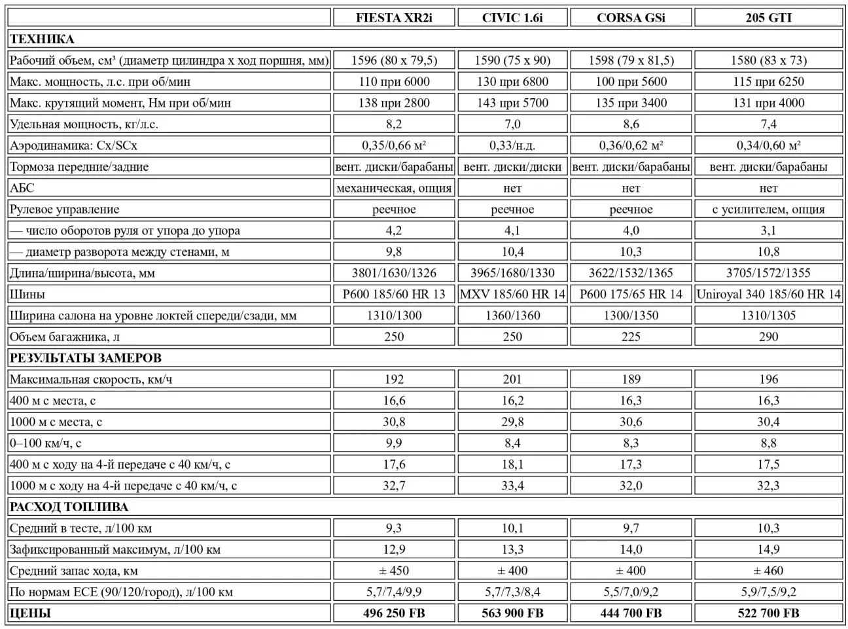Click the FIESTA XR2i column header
pos(394,18)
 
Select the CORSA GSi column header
pos(631,18)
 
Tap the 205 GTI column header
pos(768,18)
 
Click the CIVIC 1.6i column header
pos(512,18)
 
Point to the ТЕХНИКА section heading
pos(42,39)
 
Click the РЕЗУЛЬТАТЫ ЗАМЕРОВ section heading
pos(86,358)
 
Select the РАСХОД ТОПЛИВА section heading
pos(69,507)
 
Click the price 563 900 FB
pos(512,613)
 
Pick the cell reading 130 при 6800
pos(512,82)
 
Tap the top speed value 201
pos(512,379)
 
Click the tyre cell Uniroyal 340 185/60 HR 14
pos(768,294)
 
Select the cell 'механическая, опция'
pos(394,188)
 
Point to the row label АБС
pos(22,188)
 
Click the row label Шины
pos(27,294)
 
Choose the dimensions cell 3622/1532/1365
pos(631,273)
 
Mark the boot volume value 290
pos(768,336)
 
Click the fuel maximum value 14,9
pos(768,549)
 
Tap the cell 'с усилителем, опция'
pos(768,209)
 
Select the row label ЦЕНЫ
pos(30,613)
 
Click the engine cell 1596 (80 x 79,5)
pos(394,60)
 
